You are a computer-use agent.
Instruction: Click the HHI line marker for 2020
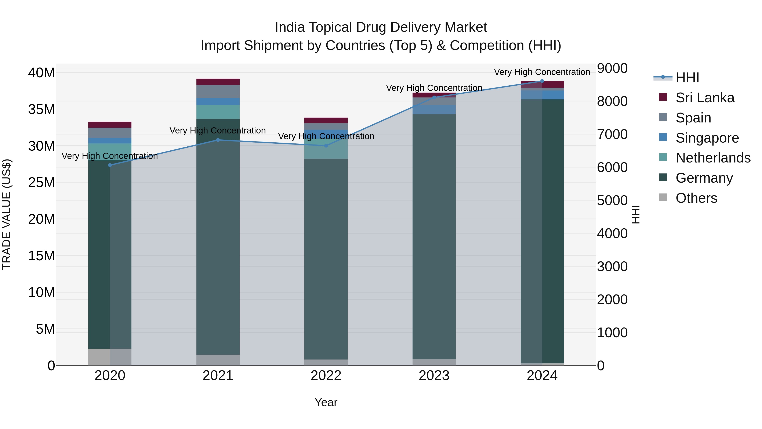point(110,165)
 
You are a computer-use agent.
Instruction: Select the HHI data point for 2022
point(326,146)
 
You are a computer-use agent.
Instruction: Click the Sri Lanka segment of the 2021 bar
point(218,82)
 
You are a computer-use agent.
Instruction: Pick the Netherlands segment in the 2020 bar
point(110,152)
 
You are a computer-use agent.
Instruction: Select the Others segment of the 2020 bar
point(110,357)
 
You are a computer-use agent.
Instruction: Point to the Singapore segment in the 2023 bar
point(434,109)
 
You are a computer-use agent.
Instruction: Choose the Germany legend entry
point(704,178)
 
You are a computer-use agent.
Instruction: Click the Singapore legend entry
point(707,138)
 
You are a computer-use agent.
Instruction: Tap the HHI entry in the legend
point(687,78)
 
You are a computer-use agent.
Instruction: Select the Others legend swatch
point(663,197)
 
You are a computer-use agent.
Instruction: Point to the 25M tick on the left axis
point(41,182)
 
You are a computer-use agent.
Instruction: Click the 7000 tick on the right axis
point(612,134)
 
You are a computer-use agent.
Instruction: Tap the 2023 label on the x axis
point(434,376)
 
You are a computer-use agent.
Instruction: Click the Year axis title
point(326,402)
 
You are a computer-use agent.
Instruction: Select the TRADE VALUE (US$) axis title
point(7,214)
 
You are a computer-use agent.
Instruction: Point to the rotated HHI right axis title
point(635,214)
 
